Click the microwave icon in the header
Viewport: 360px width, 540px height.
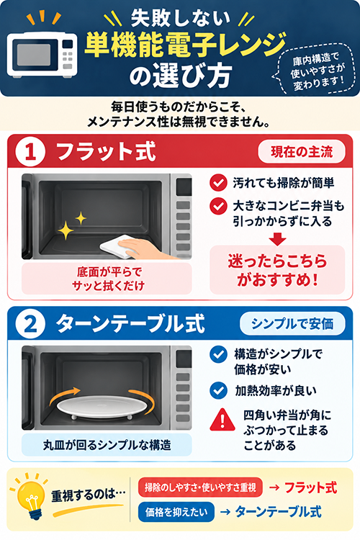pyautogui.click(x=42, y=55)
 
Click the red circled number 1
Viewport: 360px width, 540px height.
pyautogui.click(x=30, y=152)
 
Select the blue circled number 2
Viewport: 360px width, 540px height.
pyautogui.click(x=30, y=324)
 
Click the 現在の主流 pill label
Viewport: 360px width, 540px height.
pyautogui.click(x=302, y=151)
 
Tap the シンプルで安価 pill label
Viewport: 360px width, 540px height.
pyautogui.click(x=292, y=324)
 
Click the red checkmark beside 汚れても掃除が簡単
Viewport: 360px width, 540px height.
pyautogui.click(x=218, y=183)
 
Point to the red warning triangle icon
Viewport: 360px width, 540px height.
pyautogui.click(x=222, y=420)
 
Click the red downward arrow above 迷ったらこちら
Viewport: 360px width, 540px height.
pyautogui.click(x=277, y=239)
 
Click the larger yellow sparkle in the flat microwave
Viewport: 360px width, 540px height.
pyautogui.click(x=66, y=230)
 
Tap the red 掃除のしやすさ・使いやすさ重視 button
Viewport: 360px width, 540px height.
pyautogui.click(x=200, y=487)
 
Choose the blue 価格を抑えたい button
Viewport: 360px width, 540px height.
pyautogui.click(x=176, y=512)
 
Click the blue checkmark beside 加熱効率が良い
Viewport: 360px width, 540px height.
pyautogui.click(x=218, y=390)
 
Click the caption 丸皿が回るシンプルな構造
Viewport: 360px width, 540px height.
pyautogui.click(x=107, y=445)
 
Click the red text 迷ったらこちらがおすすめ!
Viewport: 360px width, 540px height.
pyautogui.click(x=277, y=270)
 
